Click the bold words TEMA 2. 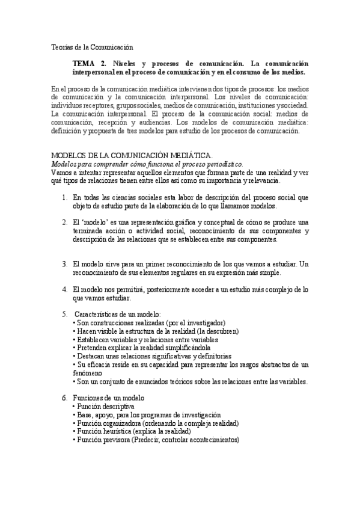pyautogui.click(x=88, y=64)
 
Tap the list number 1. pyautogui.click(x=64, y=197)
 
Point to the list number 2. pyautogui.click(x=64, y=223)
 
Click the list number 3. pyautogui.click(x=64, y=263)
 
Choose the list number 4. pyautogui.click(x=64, y=289)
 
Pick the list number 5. pyautogui.click(x=64, y=314)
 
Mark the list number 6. pyautogui.click(x=64, y=398)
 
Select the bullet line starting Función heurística pyautogui.click(x=133, y=431)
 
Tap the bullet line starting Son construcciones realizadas pyautogui.click(x=150, y=322)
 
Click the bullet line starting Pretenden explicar pyautogui.click(x=143, y=348)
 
